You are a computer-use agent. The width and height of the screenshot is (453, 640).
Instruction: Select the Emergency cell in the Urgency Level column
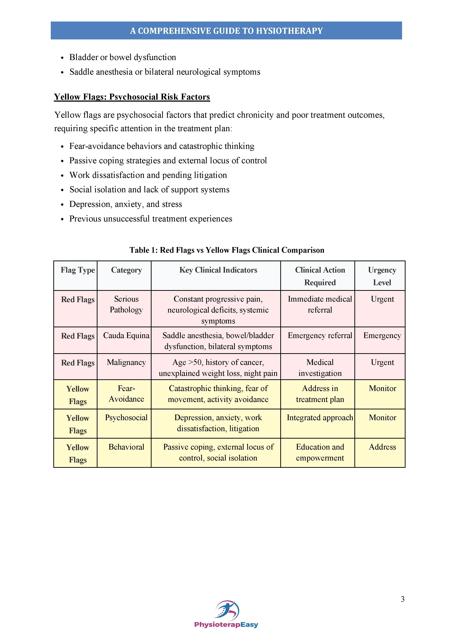coord(382,336)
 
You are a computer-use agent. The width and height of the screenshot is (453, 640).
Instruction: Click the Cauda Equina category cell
coord(126,336)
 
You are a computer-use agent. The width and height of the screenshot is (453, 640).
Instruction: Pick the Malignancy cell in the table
coord(126,362)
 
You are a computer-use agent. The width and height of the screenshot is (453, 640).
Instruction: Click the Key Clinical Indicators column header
coord(218,270)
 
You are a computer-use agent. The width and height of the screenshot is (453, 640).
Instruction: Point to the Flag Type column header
coord(78,270)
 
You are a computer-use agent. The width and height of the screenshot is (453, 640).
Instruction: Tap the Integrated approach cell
coord(320,418)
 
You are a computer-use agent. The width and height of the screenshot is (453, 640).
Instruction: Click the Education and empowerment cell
coord(320,452)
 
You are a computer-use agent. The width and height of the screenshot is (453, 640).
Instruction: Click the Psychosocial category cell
coord(126,418)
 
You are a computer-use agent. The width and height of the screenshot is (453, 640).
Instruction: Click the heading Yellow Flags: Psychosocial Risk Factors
coord(132,97)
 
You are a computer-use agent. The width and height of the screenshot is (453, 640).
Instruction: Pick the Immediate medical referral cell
coord(320,304)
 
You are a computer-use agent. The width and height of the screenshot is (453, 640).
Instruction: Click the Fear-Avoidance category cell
coord(126,394)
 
